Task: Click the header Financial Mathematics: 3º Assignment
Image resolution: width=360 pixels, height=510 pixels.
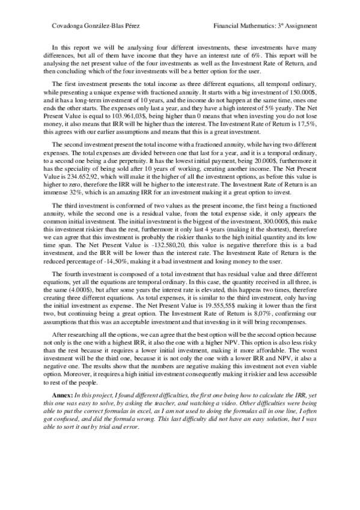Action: point(265,26)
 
